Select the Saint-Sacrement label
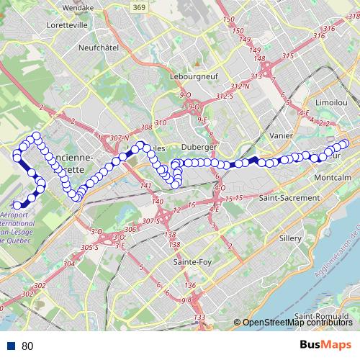(x=289, y=197)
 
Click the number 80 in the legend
(x=27, y=346)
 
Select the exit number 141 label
(x=147, y=186)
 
